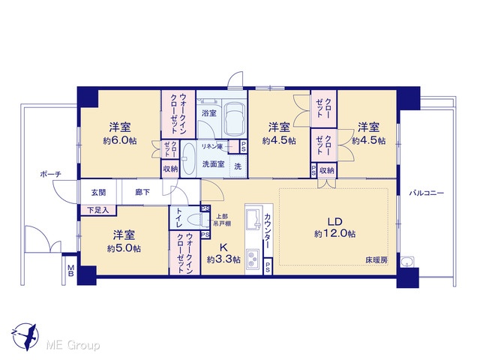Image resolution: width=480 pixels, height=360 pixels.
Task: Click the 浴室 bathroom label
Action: click(209, 113)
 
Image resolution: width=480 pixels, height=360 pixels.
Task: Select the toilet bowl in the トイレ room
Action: click(195, 220)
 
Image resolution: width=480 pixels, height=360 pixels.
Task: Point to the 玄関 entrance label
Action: click(98, 192)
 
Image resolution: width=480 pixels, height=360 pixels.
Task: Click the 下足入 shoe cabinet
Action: click(98, 210)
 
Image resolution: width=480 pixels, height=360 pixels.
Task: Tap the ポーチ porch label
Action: click(51, 175)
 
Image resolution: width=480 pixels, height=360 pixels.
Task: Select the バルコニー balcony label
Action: click(427, 193)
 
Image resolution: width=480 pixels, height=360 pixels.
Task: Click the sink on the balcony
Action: click(406, 262)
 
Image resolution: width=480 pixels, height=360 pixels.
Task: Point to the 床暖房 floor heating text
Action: click(376, 260)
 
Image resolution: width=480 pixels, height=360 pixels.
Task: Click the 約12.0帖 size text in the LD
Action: click(335, 234)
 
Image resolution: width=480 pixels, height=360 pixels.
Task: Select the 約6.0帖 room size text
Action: click(120, 141)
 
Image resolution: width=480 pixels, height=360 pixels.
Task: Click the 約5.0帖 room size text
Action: click(124, 248)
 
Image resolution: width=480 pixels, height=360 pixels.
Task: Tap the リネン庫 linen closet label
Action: click(211, 147)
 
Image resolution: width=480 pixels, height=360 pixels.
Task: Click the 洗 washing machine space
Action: click(238, 166)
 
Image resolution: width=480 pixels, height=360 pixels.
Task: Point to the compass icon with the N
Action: click(25, 337)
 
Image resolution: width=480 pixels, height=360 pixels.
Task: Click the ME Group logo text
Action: click(73, 346)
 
